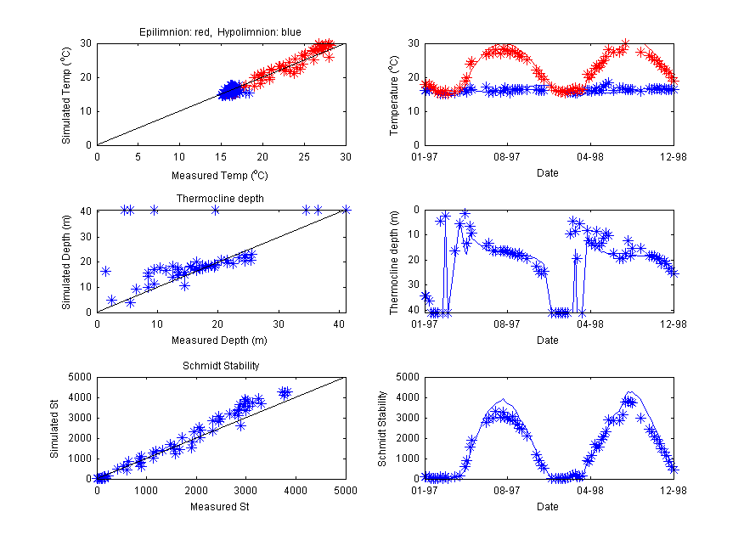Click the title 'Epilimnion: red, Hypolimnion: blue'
(x=220, y=32)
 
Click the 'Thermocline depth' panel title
(x=220, y=199)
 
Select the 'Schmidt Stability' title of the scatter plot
(x=220, y=366)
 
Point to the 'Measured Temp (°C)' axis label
(x=220, y=176)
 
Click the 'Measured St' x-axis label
(x=220, y=508)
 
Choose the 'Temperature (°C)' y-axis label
(x=393, y=94)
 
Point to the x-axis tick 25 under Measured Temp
(x=304, y=156)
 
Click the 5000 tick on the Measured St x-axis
(x=345, y=490)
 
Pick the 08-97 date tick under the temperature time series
(x=507, y=156)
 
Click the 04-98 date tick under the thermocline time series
(x=589, y=324)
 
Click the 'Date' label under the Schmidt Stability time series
(x=548, y=508)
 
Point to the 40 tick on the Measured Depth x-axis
(x=338, y=324)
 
